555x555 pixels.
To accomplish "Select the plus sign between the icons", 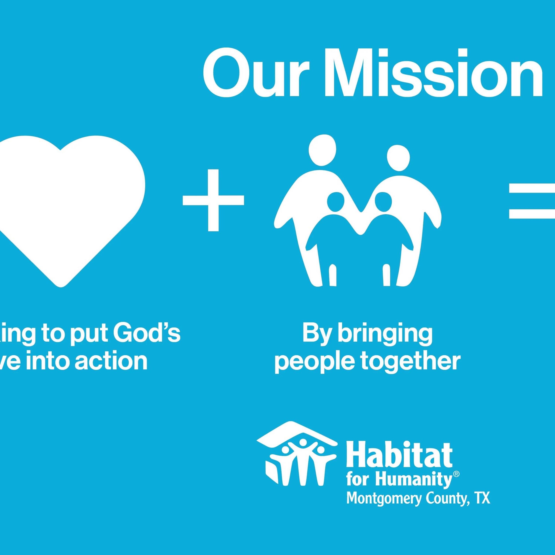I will point(213,200).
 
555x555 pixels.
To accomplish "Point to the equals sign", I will point(533,205).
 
